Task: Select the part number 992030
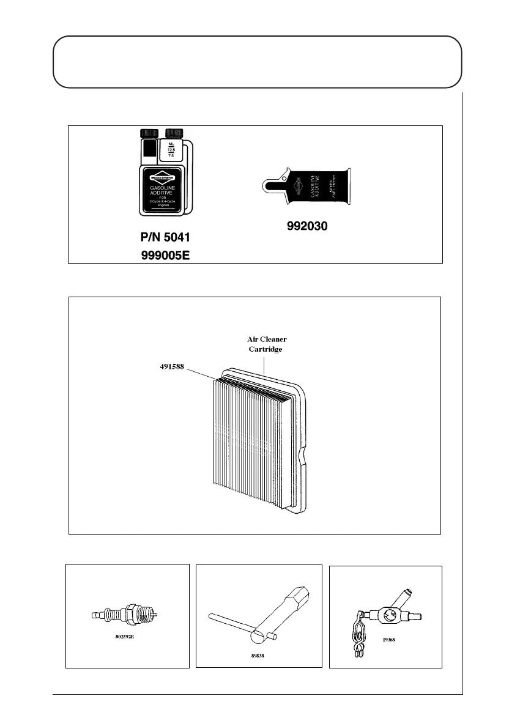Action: [x=308, y=226]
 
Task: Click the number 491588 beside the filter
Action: [x=169, y=367]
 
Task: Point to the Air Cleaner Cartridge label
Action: [x=263, y=344]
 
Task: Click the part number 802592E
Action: [x=127, y=635]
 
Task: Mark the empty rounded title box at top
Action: [x=257, y=62]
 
